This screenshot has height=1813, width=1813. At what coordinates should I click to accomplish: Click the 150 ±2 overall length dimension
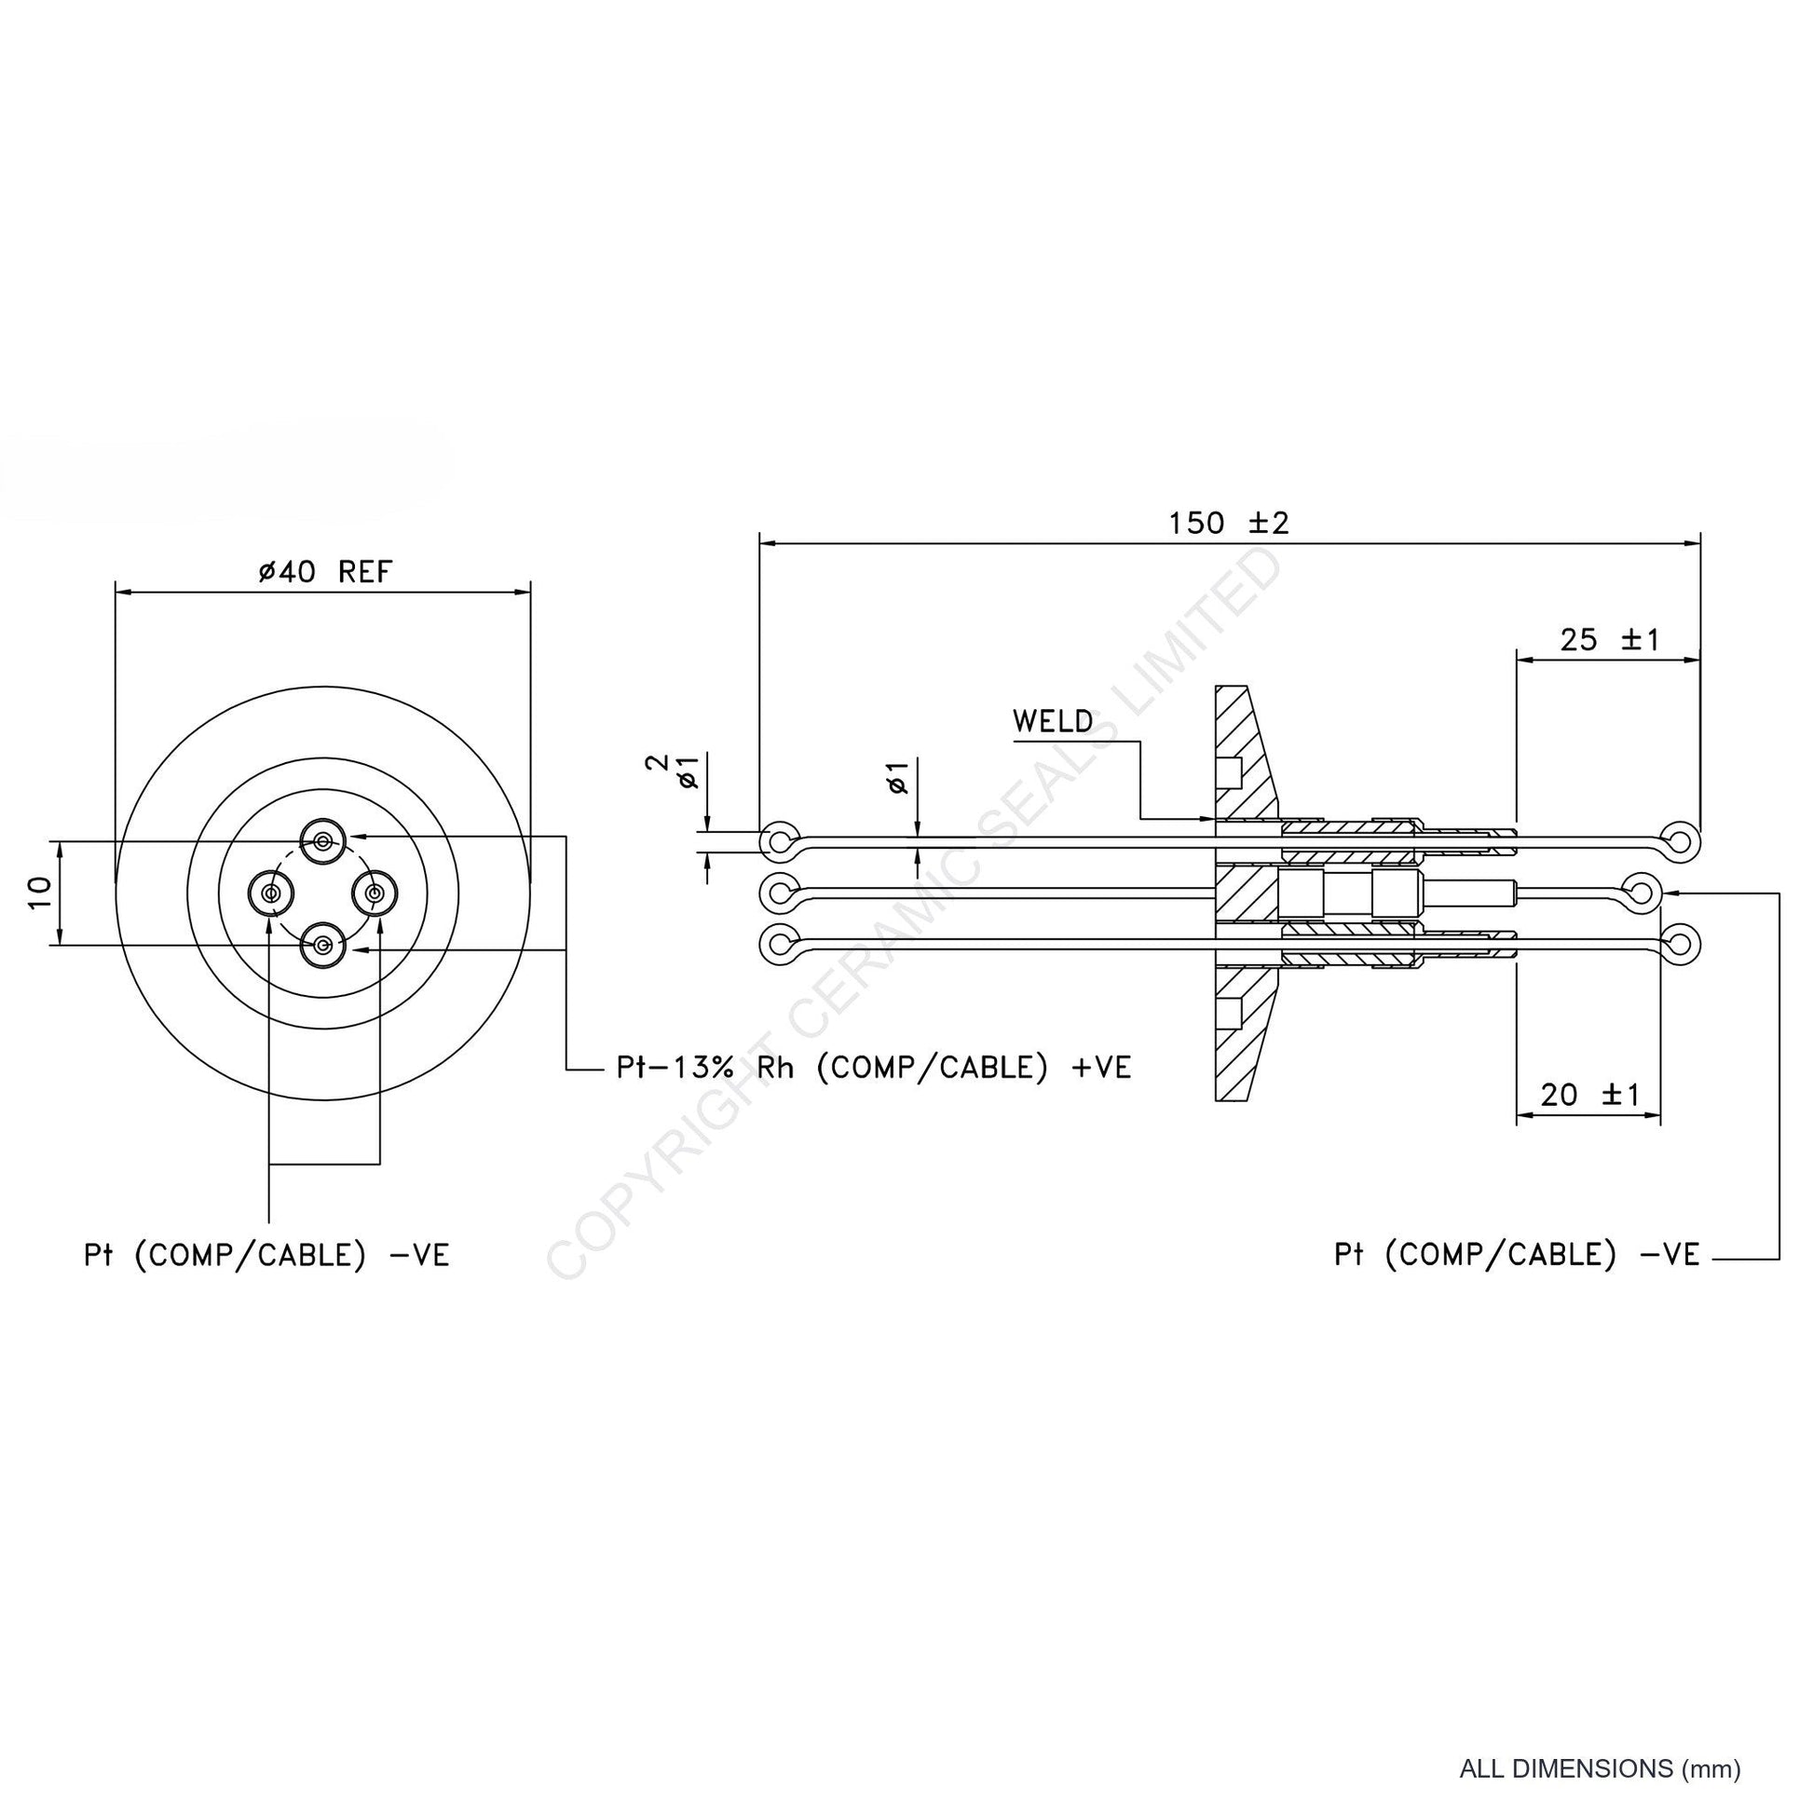pyautogui.click(x=1228, y=523)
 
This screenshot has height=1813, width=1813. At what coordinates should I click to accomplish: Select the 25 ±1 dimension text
pyautogui.click(x=1610, y=640)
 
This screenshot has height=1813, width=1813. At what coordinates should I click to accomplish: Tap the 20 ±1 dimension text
pyautogui.click(x=1589, y=1094)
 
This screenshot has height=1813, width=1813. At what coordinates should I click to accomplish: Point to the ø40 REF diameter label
pyautogui.click(x=325, y=571)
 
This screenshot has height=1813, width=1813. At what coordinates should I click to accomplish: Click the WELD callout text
pyautogui.click(x=1053, y=722)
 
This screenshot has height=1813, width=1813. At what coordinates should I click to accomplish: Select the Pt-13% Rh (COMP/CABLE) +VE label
pyautogui.click(x=874, y=1068)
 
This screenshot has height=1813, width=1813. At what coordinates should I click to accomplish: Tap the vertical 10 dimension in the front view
pyautogui.click(x=39, y=893)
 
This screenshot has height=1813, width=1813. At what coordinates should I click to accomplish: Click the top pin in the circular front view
pyautogui.click(x=322, y=840)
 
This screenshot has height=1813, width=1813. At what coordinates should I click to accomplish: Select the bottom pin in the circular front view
pyautogui.click(x=322, y=945)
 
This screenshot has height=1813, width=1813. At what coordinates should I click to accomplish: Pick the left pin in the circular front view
pyautogui.click(x=271, y=893)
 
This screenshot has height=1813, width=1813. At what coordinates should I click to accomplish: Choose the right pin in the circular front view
pyautogui.click(x=375, y=893)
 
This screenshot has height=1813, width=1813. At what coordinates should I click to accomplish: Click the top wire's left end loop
pyautogui.click(x=781, y=840)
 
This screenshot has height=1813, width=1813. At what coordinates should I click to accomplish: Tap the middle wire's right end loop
pyautogui.click(x=1643, y=892)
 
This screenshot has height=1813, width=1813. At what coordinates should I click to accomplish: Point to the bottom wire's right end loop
pyautogui.click(x=1682, y=944)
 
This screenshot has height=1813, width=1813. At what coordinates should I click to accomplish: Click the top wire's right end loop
pyautogui.click(x=1682, y=840)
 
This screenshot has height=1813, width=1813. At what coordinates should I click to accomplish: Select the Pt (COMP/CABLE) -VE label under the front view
pyautogui.click(x=266, y=1256)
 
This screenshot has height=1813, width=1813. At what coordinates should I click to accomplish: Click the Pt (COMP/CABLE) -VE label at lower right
pyautogui.click(x=1517, y=1256)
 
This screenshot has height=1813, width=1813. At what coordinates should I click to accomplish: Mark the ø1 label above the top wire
pyautogui.click(x=898, y=778)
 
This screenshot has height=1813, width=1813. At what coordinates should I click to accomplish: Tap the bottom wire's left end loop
pyautogui.click(x=781, y=944)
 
